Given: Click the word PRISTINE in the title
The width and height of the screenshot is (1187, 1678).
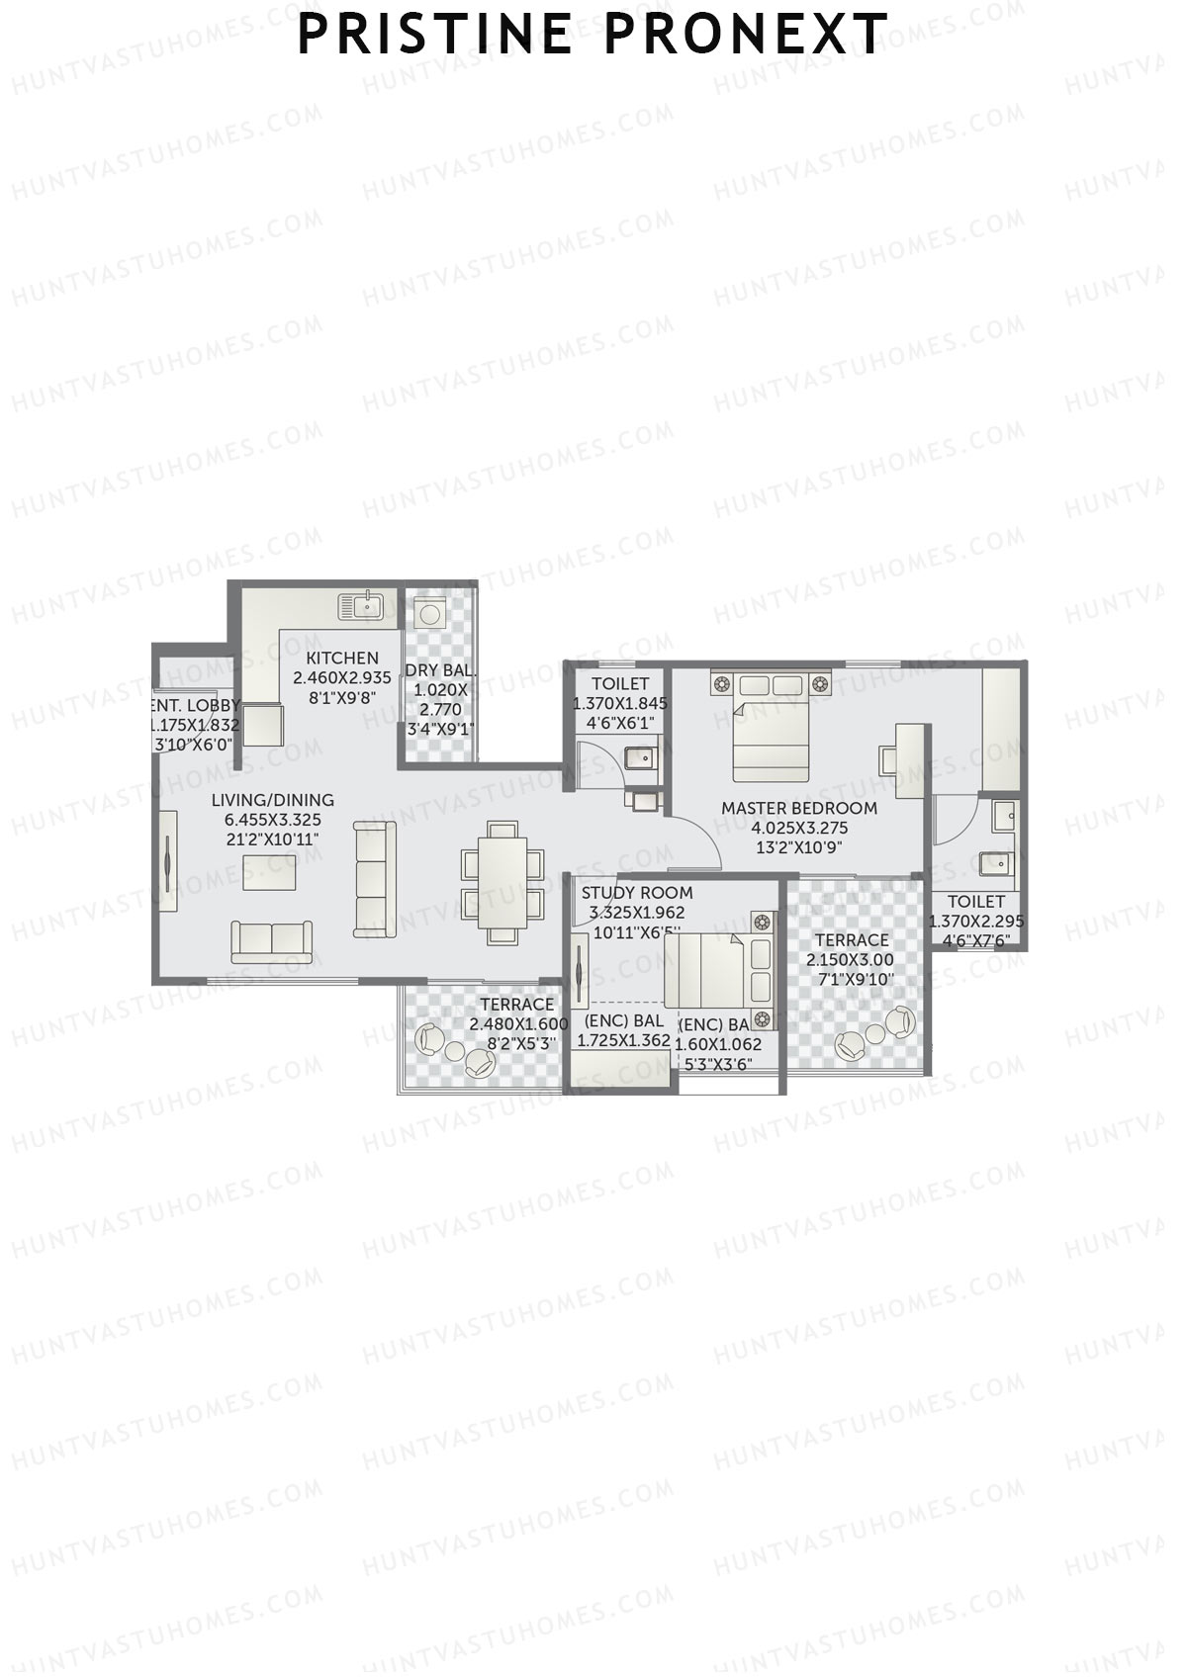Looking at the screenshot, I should click(435, 35).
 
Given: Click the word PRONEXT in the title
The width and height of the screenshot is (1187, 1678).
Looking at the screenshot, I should click(746, 35).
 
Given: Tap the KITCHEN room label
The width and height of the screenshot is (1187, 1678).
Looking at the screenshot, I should click(342, 658).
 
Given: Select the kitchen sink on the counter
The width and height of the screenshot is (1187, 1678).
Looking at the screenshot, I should click(361, 604).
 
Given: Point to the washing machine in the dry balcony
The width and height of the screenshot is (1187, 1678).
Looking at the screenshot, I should click(429, 614).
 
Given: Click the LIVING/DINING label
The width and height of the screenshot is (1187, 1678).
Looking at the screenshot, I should click(273, 800).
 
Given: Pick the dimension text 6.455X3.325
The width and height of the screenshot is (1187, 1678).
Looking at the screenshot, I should click(273, 820).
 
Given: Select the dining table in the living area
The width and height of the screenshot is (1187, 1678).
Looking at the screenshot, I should click(502, 879).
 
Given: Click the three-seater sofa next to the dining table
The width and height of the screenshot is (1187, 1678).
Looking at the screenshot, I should click(375, 879).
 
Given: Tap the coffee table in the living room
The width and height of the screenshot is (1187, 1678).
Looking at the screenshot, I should click(270, 872).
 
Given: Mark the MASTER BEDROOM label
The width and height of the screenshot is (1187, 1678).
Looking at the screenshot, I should click(799, 808).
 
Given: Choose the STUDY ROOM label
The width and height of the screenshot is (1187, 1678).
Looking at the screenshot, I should click(637, 893).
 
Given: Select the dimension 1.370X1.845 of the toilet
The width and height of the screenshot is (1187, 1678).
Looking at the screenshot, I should click(620, 704).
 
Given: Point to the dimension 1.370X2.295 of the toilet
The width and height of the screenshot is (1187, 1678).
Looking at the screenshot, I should click(976, 921).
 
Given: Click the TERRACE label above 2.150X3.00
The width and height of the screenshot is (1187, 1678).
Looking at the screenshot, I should click(852, 939).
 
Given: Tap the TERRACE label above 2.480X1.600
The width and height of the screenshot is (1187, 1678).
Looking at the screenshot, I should click(517, 1005).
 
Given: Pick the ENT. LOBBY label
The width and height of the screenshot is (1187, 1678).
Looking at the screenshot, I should click(196, 705).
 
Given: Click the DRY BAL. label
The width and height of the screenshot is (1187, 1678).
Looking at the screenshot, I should click(440, 670).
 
